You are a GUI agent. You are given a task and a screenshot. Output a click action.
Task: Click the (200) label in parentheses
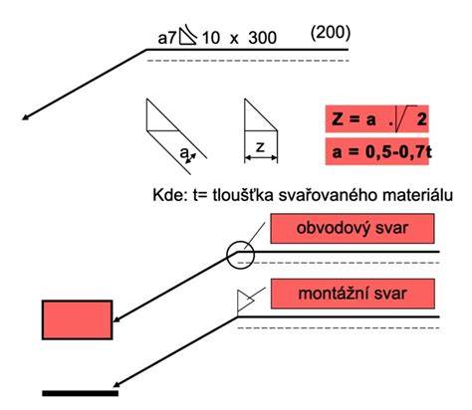[331, 33]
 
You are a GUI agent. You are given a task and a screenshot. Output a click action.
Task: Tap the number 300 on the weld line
[263, 38]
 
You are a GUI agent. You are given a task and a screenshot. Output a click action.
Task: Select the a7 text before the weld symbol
[167, 39]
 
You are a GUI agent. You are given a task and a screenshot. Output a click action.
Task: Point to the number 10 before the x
[211, 38]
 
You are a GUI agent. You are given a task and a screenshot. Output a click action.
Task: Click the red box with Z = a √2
[376, 118]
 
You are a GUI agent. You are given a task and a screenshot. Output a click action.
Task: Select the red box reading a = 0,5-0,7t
[376, 151]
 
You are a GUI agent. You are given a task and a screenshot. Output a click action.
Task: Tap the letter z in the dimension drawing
[261, 147]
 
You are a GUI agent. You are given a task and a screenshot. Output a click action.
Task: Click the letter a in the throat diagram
[184, 153]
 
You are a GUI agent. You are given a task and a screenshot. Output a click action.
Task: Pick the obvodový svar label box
[353, 229]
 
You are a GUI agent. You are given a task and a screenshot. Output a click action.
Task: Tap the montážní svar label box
[353, 294]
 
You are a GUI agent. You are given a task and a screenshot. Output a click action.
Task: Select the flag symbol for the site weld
[245, 301]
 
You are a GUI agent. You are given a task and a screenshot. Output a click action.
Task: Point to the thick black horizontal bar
[81, 393]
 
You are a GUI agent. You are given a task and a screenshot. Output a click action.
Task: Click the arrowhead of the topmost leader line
[25, 117]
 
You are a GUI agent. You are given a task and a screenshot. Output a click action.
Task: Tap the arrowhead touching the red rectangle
[117, 319]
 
